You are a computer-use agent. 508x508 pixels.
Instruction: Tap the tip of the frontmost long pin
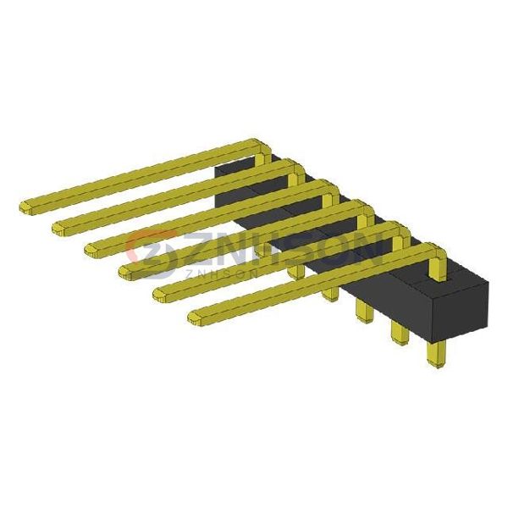click(196, 317)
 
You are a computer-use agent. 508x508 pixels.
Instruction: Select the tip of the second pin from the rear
click(61, 227)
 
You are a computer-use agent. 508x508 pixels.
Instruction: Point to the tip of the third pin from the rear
click(93, 249)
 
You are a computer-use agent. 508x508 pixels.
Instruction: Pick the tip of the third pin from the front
click(127, 271)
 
